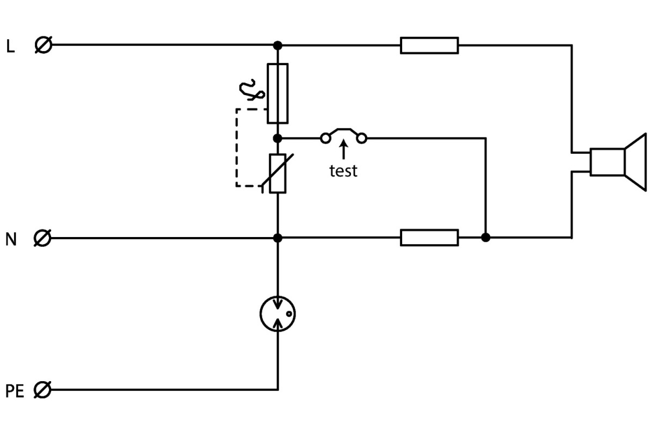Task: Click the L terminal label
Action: tap(10, 46)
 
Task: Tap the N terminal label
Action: tap(11, 239)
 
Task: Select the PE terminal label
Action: tap(15, 391)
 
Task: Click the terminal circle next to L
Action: tap(43, 45)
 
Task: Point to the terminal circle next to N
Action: tap(42, 238)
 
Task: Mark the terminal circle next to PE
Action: tap(42, 390)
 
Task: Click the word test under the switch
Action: tap(343, 171)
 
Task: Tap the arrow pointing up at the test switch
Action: tap(343, 150)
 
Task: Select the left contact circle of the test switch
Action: tap(325, 139)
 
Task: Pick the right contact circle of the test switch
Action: tap(361, 139)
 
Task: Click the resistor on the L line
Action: tap(429, 45)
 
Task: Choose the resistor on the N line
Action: tap(429, 238)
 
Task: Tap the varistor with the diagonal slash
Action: tap(278, 173)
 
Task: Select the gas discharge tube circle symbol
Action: tap(278, 314)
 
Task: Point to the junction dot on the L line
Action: tap(278, 45)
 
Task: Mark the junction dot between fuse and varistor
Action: tap(278, 139)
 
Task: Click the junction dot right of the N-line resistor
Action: tap(486, 238)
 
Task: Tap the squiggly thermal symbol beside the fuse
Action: tap(252, 90)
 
